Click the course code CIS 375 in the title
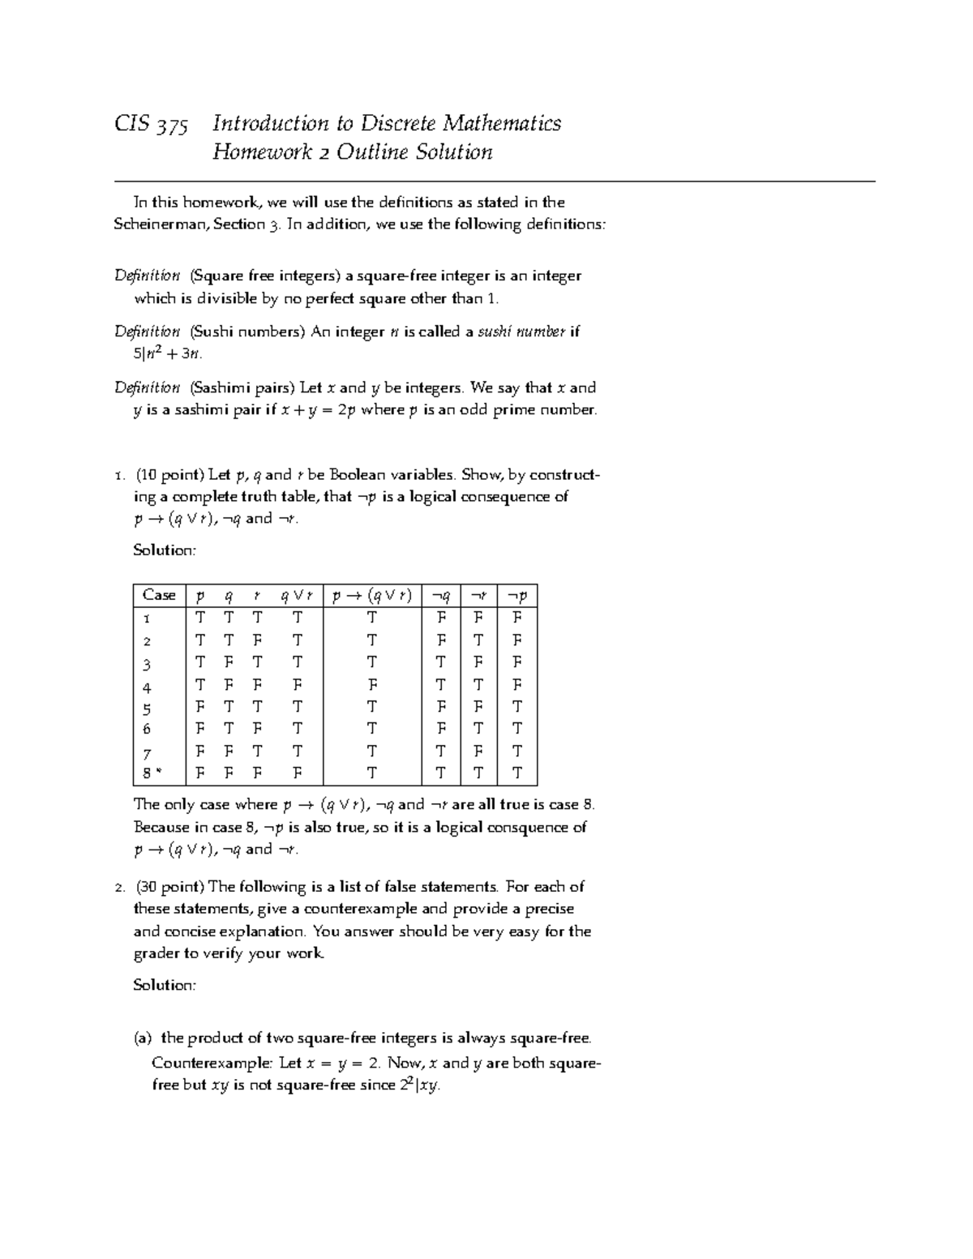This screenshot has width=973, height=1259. point(152,124)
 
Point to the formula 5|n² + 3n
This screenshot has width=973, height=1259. point(167,353)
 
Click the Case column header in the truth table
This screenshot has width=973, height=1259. point(159,595)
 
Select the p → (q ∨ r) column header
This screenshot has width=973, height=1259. point(371,595)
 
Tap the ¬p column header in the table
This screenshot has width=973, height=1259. point(517,595)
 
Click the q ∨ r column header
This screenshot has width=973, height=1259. point(296,595)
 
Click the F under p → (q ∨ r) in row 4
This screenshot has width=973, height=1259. point(371,685)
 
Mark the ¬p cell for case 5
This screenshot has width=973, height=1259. point(517,707)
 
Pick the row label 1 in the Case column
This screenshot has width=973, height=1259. point(147,618)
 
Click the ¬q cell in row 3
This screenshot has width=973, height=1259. point(441,662)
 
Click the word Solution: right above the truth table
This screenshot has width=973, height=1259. point(165,550)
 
